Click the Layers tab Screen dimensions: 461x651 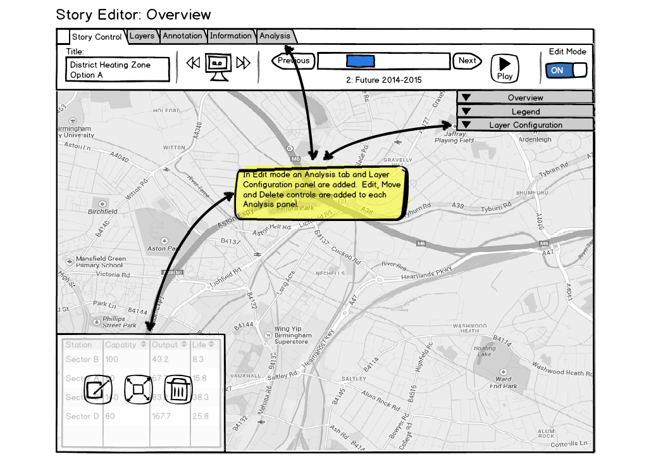point(142,36)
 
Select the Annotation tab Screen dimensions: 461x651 point(182,36)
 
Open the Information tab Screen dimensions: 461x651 point(230,36)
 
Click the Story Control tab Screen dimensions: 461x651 point(96,37)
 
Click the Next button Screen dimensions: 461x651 point(468,61)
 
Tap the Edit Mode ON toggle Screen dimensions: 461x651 point(566,70)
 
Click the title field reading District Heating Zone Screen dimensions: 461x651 point(118,70)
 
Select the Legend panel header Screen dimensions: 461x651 point(525,111)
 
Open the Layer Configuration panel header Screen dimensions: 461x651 point(525,125)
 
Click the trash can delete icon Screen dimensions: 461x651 point(179,389)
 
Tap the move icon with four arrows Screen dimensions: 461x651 point(137,389)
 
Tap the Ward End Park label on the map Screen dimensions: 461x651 point(504,382)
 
